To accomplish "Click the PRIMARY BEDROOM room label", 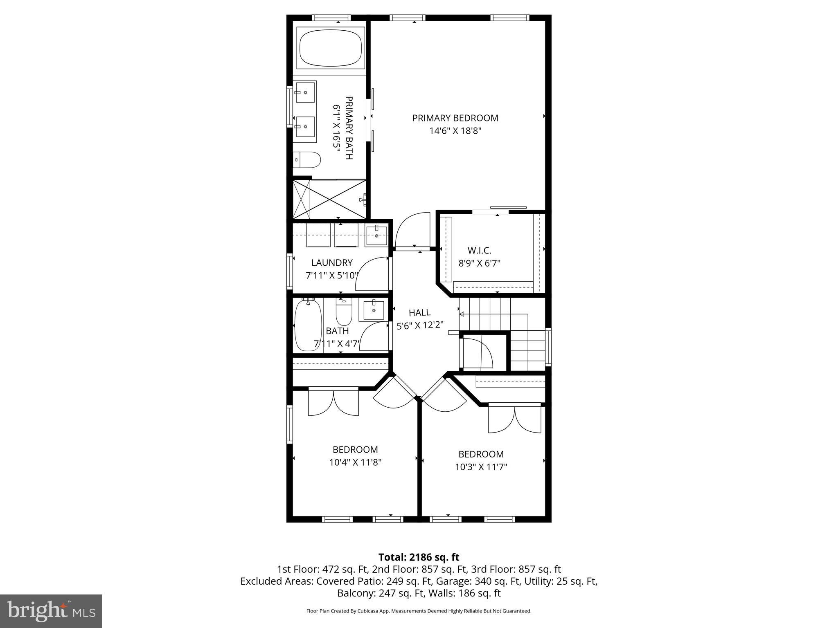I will [455, 118].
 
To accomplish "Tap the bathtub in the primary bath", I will [331, 48].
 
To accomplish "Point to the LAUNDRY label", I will [332, 262].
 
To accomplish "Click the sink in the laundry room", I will [376, 235].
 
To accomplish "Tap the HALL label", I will [419, 313].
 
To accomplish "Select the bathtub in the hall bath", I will [309, 325].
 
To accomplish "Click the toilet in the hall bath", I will [344, 312].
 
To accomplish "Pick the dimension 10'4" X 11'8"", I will [355, 462].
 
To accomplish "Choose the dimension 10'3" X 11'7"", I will [481, 467].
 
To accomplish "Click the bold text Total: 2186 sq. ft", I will [419, 557].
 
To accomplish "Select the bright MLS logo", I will [51, 611].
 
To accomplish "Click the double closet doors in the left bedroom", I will [333, 403].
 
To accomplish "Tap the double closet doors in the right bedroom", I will [515, 419].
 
